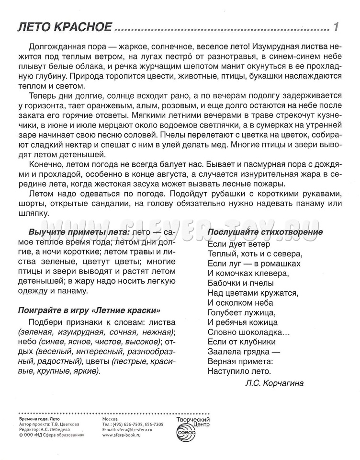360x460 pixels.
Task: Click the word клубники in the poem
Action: coord(259,342)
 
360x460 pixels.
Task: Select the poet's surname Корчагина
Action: coord(286,383)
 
